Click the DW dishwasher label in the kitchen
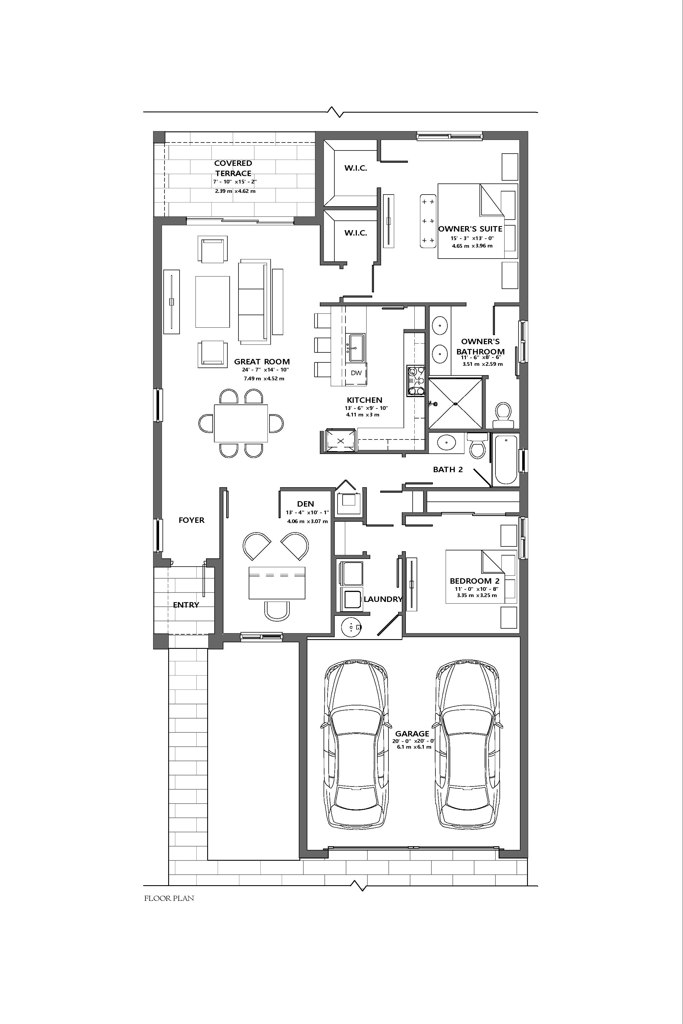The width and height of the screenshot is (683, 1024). point(356,373)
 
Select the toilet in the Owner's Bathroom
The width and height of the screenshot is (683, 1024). point(503,414)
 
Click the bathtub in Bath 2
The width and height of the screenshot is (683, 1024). point(505,459)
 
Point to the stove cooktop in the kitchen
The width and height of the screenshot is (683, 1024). point(415,381)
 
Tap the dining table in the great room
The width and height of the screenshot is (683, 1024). point(241,423)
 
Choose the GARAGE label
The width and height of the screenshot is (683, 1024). point(412,734)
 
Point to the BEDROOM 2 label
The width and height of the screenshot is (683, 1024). point(474,581)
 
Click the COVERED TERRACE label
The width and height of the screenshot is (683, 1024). point(233,168)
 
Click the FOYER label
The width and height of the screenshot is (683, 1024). point(191,520)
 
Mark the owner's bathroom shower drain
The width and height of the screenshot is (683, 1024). point(455,404)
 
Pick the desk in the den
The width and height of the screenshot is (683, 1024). point(277,583)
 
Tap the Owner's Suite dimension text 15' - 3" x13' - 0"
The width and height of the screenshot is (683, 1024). point(472,238)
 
